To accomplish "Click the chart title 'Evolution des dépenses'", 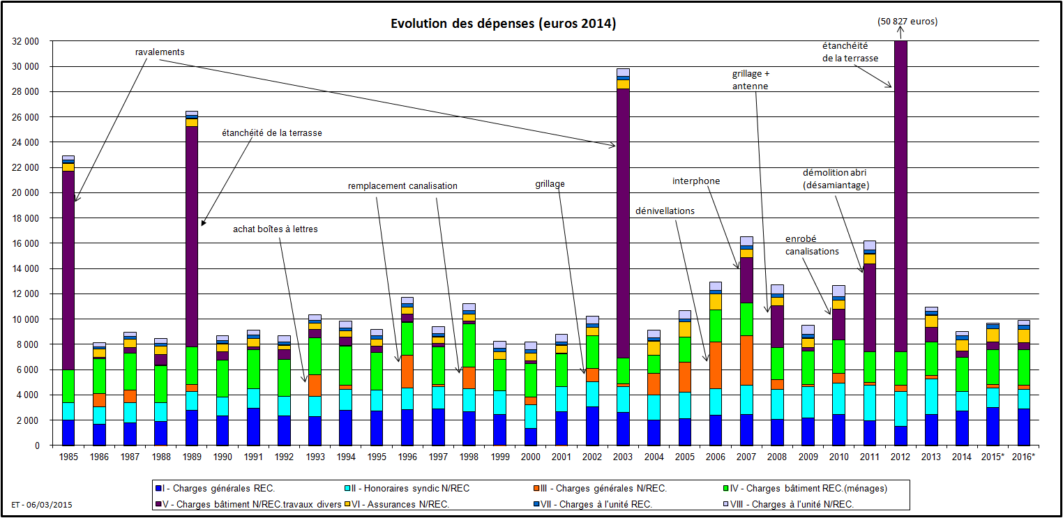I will pos(503,24).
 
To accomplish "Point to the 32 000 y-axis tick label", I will pos(26,41).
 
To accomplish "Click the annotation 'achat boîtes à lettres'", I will pos(276,229).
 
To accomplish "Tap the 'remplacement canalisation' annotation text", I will pos(402,186).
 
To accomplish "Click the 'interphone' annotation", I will pos(696,181).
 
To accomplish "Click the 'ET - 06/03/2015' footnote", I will pos(42,503).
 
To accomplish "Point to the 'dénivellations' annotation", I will pos(665,211).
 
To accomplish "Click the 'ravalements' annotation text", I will pos(160,52).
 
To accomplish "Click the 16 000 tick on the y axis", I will pos(26,243).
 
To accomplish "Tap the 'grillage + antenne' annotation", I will pos(751,79).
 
